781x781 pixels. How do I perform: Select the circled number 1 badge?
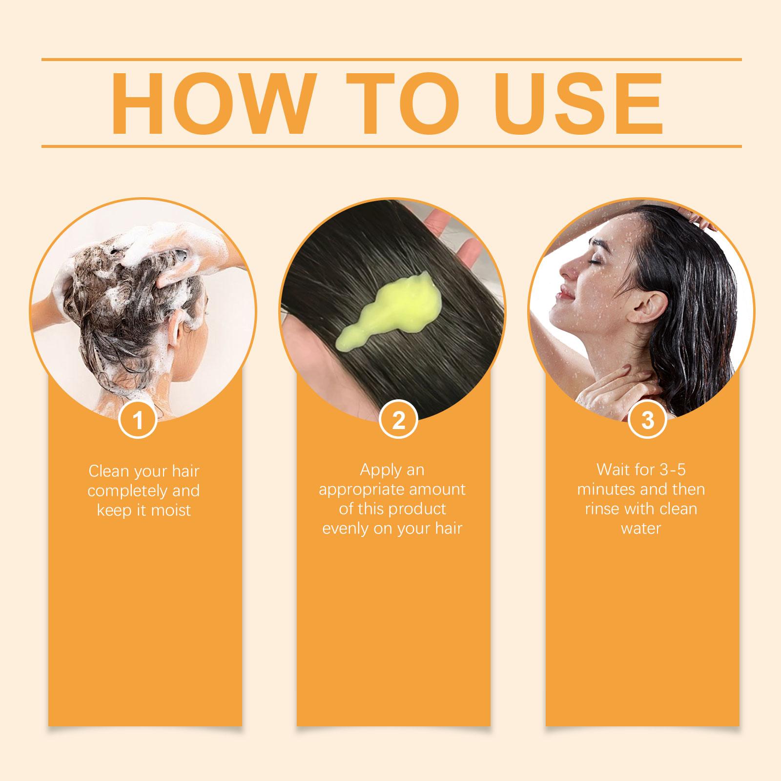click(138, 419)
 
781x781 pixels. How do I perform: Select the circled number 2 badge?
click(398, 419)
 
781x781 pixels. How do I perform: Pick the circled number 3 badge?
click(647, 419)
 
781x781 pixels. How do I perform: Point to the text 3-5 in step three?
click(668, 470)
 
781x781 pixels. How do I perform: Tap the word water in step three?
click(640, 529)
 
